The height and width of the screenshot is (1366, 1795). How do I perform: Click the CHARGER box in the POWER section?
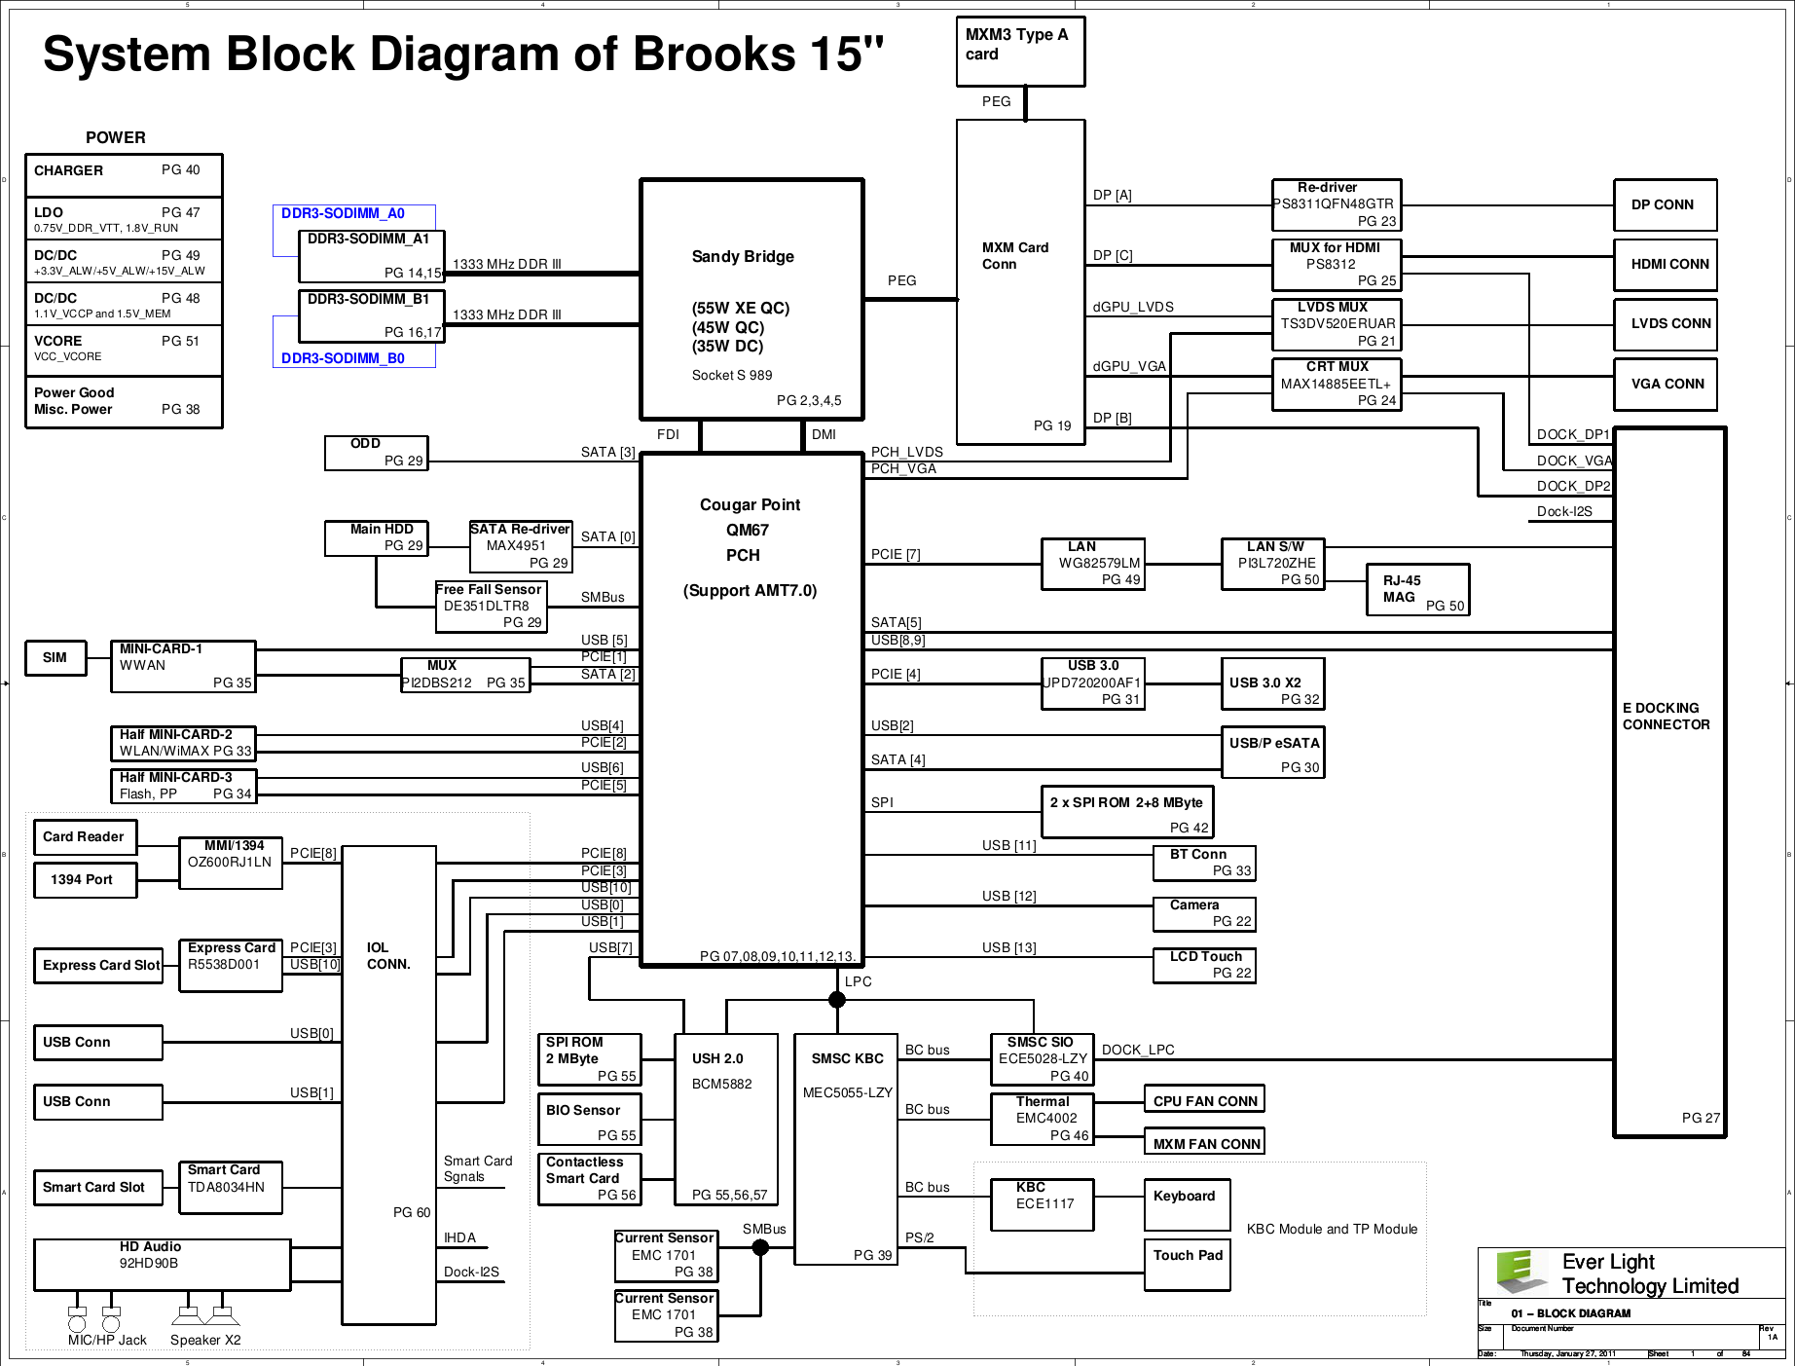click(124, 175)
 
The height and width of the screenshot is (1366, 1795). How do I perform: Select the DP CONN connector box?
click(1665, 205)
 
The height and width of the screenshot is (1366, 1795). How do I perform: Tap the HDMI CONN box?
click(1665, 264)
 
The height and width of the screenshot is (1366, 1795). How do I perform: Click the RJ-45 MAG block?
click(1417, 590)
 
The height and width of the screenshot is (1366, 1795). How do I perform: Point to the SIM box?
click(55, 658)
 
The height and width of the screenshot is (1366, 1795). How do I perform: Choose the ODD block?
click(376, 452)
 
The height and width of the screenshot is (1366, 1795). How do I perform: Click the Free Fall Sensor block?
click(491, 606)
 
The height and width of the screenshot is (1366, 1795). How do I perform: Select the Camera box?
click(1204, 913)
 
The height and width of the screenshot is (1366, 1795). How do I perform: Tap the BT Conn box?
click(1204, 863)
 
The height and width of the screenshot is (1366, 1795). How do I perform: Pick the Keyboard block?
click(1187, 1204)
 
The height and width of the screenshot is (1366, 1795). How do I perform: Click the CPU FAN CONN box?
click(1204, 1101)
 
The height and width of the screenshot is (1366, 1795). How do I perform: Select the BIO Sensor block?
click(590, 1120)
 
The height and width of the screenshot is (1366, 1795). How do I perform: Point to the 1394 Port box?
click(85, 880)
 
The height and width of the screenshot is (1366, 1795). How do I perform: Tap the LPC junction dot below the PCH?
click(836, 999)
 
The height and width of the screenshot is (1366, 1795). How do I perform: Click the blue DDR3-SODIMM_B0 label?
click(343, 358)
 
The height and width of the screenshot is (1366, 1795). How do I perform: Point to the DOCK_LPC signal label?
click(1138, 1050)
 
